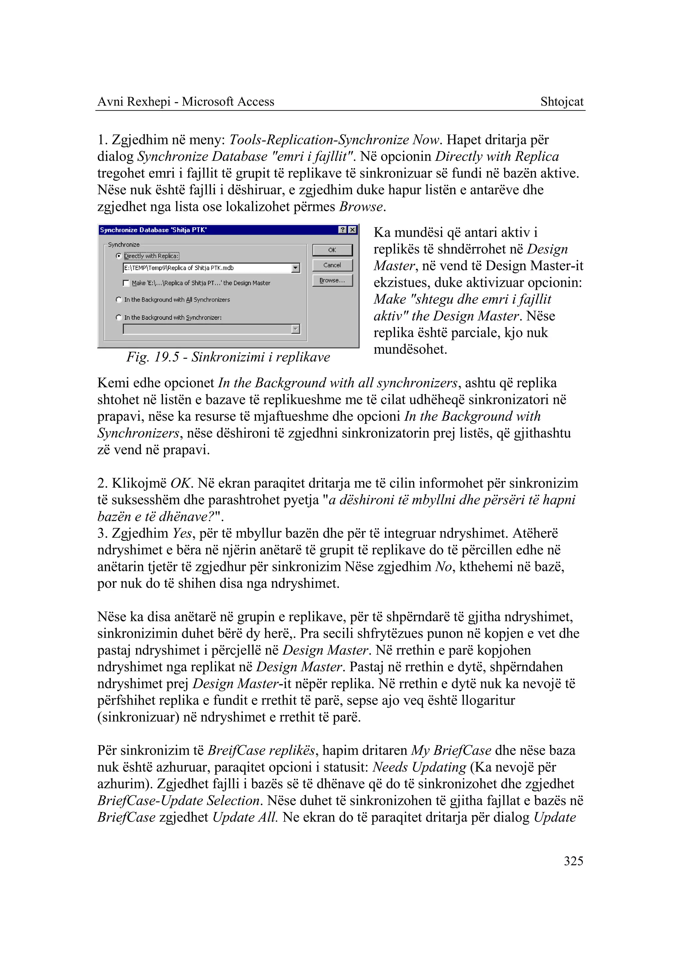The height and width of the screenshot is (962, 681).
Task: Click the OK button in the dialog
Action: tap(332, 250)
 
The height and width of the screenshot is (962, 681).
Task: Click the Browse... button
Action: tap(332, 280)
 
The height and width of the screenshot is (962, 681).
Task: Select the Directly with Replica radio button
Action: tap(119, 256)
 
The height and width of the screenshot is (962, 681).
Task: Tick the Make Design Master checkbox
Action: tap(126, 283)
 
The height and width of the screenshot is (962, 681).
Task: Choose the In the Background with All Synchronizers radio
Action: tap(119, 300)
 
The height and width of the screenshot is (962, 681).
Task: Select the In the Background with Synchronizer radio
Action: tap(119, 318)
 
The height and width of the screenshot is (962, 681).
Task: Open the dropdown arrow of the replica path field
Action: tap(296, 268)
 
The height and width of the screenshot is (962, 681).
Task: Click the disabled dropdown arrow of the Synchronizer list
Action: tap(296, 329)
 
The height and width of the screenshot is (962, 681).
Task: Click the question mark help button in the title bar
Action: tap(342, 230)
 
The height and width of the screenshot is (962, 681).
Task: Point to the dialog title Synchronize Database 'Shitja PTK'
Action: tap(153, 230)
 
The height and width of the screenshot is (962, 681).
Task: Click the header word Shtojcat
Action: tap(562, 101)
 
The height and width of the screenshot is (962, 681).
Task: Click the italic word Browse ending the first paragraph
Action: tap(361, 207)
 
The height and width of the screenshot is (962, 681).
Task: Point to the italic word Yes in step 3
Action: tap(182, 533)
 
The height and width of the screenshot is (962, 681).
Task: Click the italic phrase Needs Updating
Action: tap(419, 767)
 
